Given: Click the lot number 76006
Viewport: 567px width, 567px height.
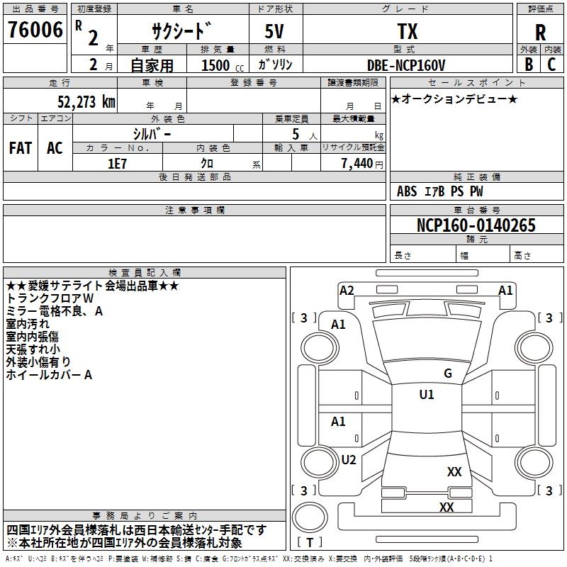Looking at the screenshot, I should (x=35, y=30).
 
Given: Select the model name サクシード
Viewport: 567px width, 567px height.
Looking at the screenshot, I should (x=181, y=31).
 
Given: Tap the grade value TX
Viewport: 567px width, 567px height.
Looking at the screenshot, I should (x=406, y=32).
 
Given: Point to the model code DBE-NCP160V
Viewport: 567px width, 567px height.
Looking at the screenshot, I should (x=406, y=65).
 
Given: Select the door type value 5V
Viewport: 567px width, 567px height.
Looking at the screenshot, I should (x=276, y=32).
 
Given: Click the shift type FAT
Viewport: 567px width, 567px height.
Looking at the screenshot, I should (x=21, y=148).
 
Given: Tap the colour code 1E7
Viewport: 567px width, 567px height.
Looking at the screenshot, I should (x=117, y=163).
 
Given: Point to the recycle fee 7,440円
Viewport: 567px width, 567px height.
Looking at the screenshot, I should (x=361, y=164).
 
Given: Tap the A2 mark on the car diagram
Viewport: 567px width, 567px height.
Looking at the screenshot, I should (x=347, y=290).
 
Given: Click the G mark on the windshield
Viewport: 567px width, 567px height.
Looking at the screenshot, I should (x=448, y=374).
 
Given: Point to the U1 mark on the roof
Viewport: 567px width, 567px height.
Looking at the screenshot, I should (x=427, y=395).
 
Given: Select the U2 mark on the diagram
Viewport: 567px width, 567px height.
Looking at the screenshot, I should (x=349, y=459).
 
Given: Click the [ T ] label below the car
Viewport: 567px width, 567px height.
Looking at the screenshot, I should (x=310, y=543).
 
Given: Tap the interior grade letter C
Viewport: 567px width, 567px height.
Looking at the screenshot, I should (x=551, y=64).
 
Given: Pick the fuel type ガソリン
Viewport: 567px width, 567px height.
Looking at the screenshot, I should (x=276, y=65).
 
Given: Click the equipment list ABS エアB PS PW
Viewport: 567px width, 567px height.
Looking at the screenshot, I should (x=440, y=191).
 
